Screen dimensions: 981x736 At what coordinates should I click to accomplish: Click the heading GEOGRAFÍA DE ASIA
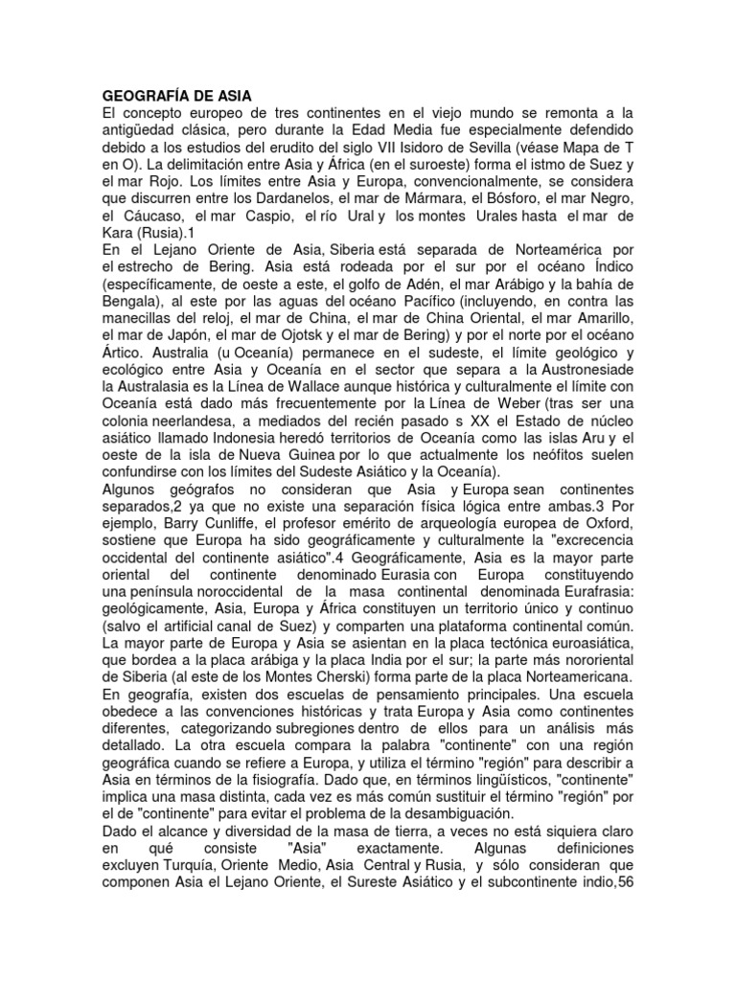[x=176, y=96]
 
